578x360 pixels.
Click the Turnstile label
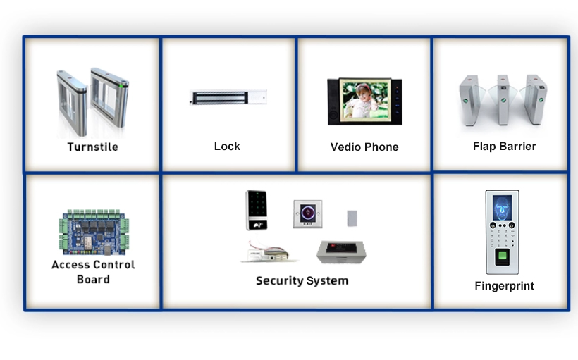pos(92,147)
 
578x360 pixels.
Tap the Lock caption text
pos(227,146)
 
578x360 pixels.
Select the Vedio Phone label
pos(364,147)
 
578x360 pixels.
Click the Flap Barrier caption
pos(504,146)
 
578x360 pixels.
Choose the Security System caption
pos(302,280)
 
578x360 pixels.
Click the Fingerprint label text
pos(504,285)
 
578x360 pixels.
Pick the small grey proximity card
pos(352,218)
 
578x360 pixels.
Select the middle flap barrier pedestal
pos(503,101)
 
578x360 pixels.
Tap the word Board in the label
pos(93,280)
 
